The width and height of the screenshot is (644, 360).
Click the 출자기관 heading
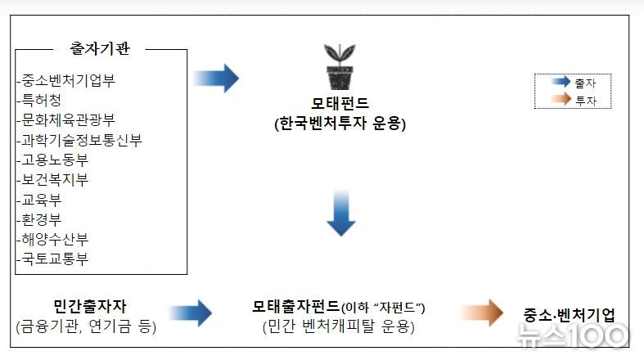coord(100,48)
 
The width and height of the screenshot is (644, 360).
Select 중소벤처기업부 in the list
coord(68,80)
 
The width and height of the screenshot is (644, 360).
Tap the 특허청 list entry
coord(42,100)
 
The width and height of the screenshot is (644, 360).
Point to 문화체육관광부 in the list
coord(68,119)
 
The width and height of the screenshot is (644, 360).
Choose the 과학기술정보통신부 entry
coord(82,140)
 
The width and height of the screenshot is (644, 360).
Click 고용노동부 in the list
coord(55,160)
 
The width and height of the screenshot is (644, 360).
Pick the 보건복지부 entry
coord(55,179)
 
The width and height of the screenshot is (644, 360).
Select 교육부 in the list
coord(42,200)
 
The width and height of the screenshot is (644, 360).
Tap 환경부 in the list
coord(42,219)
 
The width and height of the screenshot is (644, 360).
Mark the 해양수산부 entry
coord(55,239)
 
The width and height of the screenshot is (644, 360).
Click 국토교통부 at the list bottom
coord(55,259)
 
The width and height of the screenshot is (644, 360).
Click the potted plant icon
coord(340,67)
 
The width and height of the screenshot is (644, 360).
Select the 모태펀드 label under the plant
coord(340,102)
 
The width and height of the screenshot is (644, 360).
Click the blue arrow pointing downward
coord(341,214)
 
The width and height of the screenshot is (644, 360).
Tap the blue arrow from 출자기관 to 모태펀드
coord(216,78)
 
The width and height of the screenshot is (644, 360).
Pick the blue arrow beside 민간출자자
coord(190,313)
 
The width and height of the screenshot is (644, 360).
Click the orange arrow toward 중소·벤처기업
coord(482,313)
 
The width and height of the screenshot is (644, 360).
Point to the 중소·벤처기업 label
coord(569,315)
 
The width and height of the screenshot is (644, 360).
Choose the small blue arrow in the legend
coord(561,81)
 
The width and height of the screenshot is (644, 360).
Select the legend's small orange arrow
coord(561,98)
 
